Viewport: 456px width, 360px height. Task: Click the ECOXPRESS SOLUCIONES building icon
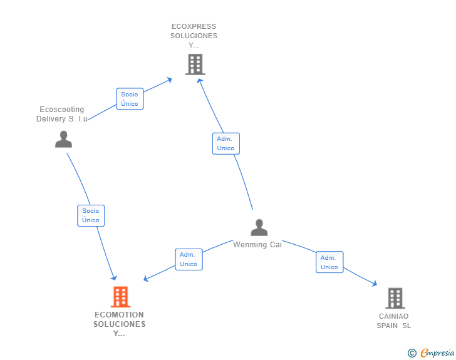click(195, 64)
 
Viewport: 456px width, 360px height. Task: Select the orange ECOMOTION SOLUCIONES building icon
click(120, 297)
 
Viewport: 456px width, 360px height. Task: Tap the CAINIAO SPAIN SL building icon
click(395, 298)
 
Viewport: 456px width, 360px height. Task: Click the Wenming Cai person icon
click(259, 228)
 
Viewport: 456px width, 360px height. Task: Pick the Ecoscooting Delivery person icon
click(63, 139)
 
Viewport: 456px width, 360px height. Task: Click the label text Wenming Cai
click(257, 245)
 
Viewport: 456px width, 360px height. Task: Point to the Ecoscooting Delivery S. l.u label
click(62, 114)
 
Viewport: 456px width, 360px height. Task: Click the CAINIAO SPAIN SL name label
click(394, 321)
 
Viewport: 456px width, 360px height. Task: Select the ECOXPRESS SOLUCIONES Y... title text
click(194, 36)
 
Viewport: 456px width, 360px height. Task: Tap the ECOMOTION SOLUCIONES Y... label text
click(120, 324)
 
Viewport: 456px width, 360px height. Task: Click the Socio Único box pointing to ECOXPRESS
click(130, 99)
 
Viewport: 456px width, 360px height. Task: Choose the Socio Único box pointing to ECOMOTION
click(90, 215)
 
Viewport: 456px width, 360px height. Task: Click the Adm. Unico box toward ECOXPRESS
click(225, 143)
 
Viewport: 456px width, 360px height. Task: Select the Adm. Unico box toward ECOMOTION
click(188, 259)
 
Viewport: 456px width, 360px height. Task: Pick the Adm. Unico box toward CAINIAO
click(329, 262)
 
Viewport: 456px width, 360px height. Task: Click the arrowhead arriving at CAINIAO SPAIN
click(375, 284)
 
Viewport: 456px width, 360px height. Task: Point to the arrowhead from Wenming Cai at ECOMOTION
click(147, 279)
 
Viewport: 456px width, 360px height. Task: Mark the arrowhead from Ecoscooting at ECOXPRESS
click(170, 80)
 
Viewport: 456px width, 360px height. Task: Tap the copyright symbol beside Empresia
click(412, 353)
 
